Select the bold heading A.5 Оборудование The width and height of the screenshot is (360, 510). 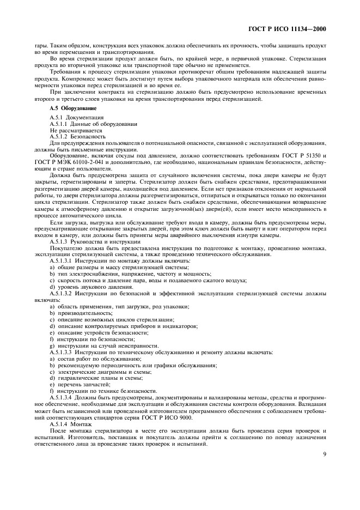[x=71, y=108]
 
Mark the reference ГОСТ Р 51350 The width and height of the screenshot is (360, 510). [x=310, y=156]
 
